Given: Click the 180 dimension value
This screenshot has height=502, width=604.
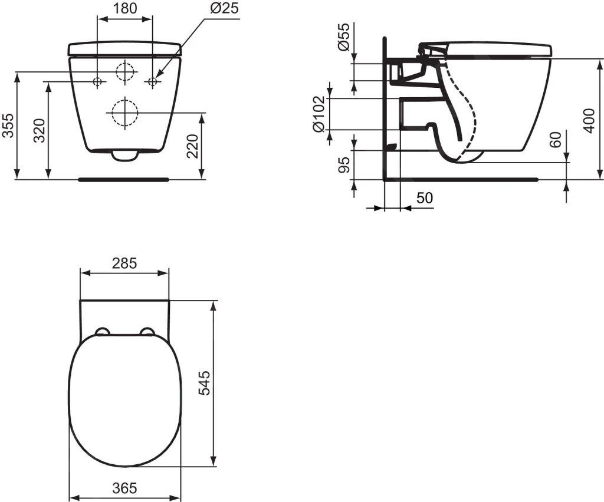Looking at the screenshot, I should click(x=124, y=8).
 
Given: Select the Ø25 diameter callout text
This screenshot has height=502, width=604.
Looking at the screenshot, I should click(x=223, y=8).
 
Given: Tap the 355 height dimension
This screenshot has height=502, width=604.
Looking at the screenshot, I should click(x=8, y=125).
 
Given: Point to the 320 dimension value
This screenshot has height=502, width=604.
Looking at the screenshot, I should click(x=38, y=131).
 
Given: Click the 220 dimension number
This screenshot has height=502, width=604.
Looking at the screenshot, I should click(x=193, y=146).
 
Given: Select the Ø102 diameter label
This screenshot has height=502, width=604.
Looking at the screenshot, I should click(x=318, y=114).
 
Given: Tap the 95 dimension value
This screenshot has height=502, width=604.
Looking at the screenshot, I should click(x=345, y=165).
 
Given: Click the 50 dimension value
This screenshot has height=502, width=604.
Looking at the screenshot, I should click(x=424, y=199).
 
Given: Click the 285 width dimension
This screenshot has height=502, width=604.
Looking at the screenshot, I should click(x=124, y=263).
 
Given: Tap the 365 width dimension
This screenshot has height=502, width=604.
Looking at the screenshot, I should click(x=124, y=488).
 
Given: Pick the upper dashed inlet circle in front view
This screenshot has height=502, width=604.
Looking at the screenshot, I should click(x=125, y=72).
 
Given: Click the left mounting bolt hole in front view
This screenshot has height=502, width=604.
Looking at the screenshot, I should click(x=97, y=81).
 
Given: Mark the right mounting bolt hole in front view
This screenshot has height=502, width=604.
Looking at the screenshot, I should click(x=152, y=81).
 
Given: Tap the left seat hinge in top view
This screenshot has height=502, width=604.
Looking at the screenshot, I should click(x=101, y=332).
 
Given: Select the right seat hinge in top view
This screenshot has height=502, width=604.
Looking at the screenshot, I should click(x=147, y=332).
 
